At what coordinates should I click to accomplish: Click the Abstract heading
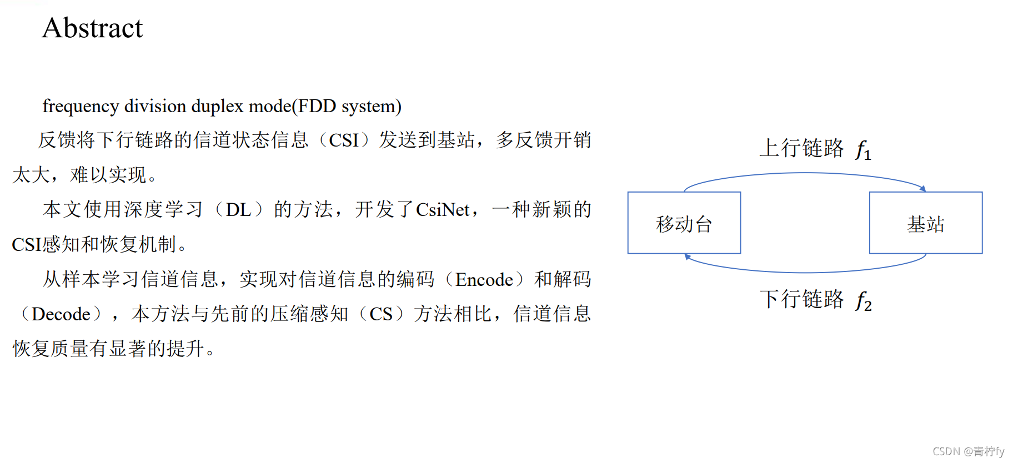(x=92, y=28)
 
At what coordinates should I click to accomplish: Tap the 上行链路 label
(x=801, y=148)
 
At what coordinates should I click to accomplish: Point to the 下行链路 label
(x=801, y=299)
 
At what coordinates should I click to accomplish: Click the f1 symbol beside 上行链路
(x=864, y=150)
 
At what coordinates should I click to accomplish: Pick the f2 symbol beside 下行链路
(x=864, y=301)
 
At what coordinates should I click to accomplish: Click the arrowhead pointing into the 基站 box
(x=923, y=189)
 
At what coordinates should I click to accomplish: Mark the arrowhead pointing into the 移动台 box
(x=688, y=256)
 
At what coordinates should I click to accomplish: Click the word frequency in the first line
(x=81, y=106)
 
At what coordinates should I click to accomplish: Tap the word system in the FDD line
(x=369, y=107)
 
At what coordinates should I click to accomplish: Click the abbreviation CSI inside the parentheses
(x=344, y=140)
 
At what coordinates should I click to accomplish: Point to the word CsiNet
(x=443, y=210)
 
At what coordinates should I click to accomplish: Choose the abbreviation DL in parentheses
(x=238, y=210)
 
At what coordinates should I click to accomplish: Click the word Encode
(x=484, y=279)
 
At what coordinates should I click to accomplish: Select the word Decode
(x=61, y=314)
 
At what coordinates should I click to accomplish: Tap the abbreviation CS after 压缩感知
(x=381, y=314)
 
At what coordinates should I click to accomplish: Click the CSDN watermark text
(x=969, y=451)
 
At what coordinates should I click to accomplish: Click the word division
(x=155, y=106)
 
